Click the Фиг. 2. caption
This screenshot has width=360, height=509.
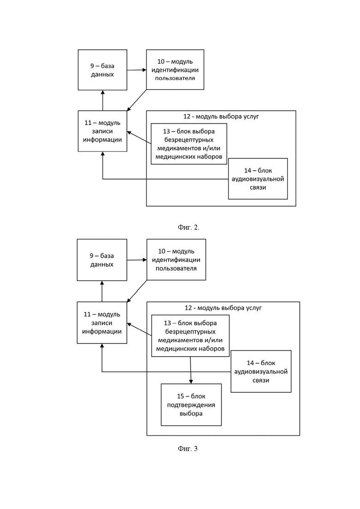188,228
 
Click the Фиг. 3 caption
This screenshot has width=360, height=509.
188,449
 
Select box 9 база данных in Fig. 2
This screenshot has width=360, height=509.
102,70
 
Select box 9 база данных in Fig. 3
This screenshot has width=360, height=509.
102,260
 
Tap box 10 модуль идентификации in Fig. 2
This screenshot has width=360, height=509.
175,70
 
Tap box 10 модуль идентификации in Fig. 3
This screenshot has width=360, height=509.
176,260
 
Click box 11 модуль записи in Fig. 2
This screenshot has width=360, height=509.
102,131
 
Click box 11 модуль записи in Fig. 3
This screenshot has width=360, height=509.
102,323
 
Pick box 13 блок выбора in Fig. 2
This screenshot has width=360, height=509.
189,144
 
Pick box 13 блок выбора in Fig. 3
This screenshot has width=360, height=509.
191,336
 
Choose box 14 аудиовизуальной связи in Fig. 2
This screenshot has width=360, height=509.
258,179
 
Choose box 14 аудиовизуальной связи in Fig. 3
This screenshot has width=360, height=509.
261,371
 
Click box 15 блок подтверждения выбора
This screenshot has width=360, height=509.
191,405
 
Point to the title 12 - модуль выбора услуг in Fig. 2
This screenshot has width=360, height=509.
221,117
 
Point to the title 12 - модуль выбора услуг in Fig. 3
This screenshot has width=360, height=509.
223,308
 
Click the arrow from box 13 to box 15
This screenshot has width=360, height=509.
191,370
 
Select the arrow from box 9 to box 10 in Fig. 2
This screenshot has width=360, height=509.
137,70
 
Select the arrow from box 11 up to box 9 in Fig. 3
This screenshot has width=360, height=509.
102,291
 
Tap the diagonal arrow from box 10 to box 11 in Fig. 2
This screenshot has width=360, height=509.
137,100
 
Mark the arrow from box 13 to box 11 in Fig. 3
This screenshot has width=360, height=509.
139,329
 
